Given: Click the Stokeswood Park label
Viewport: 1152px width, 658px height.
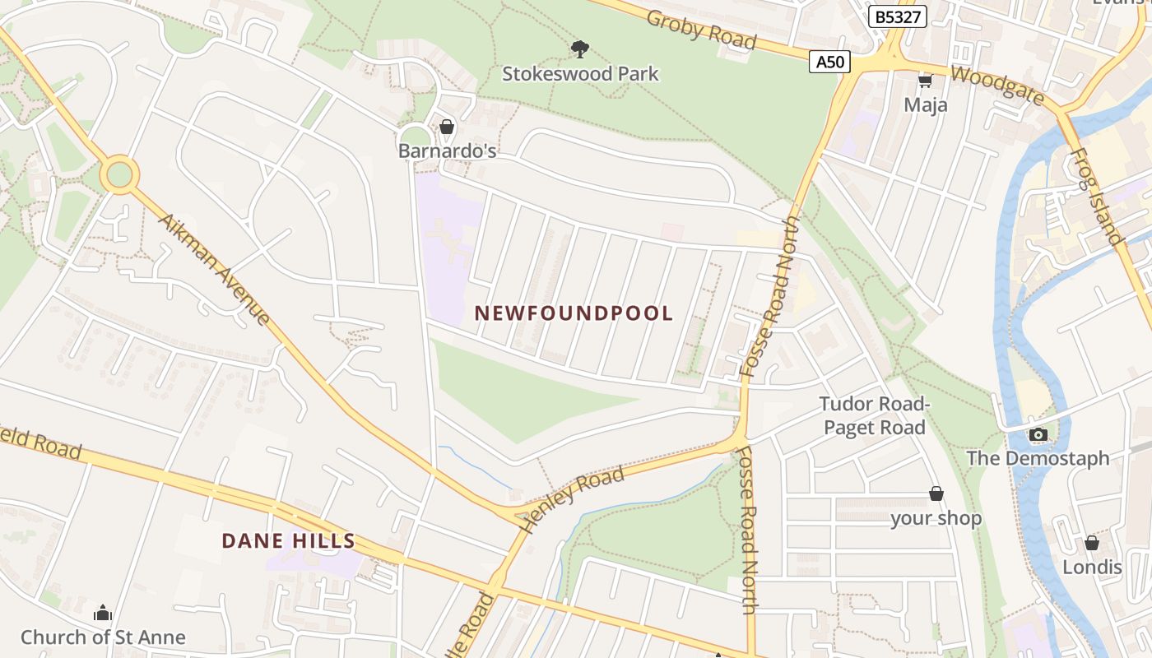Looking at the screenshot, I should tap(581, 74).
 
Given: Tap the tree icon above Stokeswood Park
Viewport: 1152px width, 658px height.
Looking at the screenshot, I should tap(580, 49).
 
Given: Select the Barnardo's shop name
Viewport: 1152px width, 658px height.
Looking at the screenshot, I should tap(447, 151).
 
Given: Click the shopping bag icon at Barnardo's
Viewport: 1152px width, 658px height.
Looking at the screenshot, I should tap(447, 127).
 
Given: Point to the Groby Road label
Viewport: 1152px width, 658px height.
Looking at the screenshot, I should tap(701, 30).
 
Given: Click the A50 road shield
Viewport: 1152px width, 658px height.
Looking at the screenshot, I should tap(829, 63).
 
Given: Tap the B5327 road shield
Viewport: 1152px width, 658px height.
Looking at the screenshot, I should tap(898, 16).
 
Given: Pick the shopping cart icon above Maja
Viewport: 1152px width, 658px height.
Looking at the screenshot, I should tap(925, 80).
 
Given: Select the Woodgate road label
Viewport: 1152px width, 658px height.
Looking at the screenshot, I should tap(997, 85).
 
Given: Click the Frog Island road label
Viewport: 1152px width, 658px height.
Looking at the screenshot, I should tap(1099, 197).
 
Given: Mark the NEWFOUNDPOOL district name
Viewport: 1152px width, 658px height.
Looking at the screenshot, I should tap(574, 313).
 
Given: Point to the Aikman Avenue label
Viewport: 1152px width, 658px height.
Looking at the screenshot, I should tap(214, 270).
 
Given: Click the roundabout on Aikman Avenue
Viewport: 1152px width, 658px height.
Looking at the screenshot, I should tap(119, 175).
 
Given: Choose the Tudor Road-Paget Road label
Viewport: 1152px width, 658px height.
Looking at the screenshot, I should tap(875, 415).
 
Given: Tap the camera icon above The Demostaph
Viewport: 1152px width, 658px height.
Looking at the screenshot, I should tap(1038, 434).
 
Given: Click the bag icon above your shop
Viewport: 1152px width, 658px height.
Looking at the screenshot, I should tap(936, 493).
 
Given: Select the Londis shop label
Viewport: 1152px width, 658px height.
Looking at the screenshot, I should tap(1092, 568).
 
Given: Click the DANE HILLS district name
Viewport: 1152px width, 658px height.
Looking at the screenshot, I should tap(289, 541).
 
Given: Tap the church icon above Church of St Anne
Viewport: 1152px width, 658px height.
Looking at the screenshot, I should tap(103, 613).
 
